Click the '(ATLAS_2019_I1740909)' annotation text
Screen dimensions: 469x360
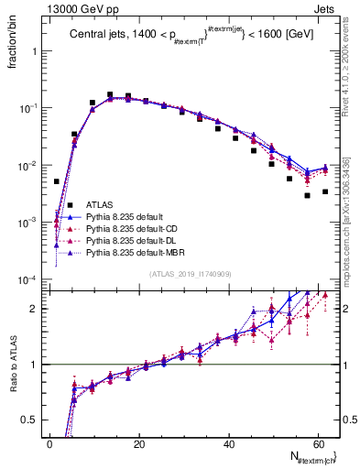(191, 273)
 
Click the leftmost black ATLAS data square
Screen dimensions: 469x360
(57, 181)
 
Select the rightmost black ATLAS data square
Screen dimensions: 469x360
(325, 191)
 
